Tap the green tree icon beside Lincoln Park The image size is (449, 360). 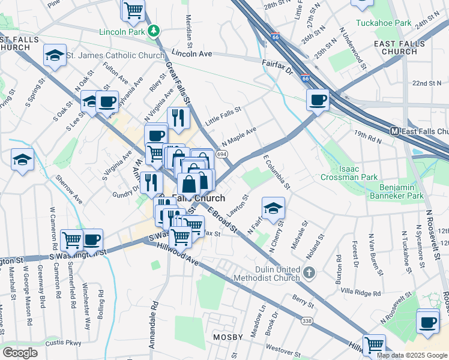pos(154,29)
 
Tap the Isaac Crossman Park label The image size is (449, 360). pos(349,173)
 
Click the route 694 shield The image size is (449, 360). pos(222,155)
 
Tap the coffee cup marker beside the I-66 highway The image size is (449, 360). pos(317,100)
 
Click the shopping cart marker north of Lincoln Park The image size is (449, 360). pos(133,10)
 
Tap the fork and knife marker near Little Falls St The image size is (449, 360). pos(178,118)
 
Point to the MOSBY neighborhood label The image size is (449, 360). pos(228,338)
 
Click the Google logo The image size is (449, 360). pos(20,353)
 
